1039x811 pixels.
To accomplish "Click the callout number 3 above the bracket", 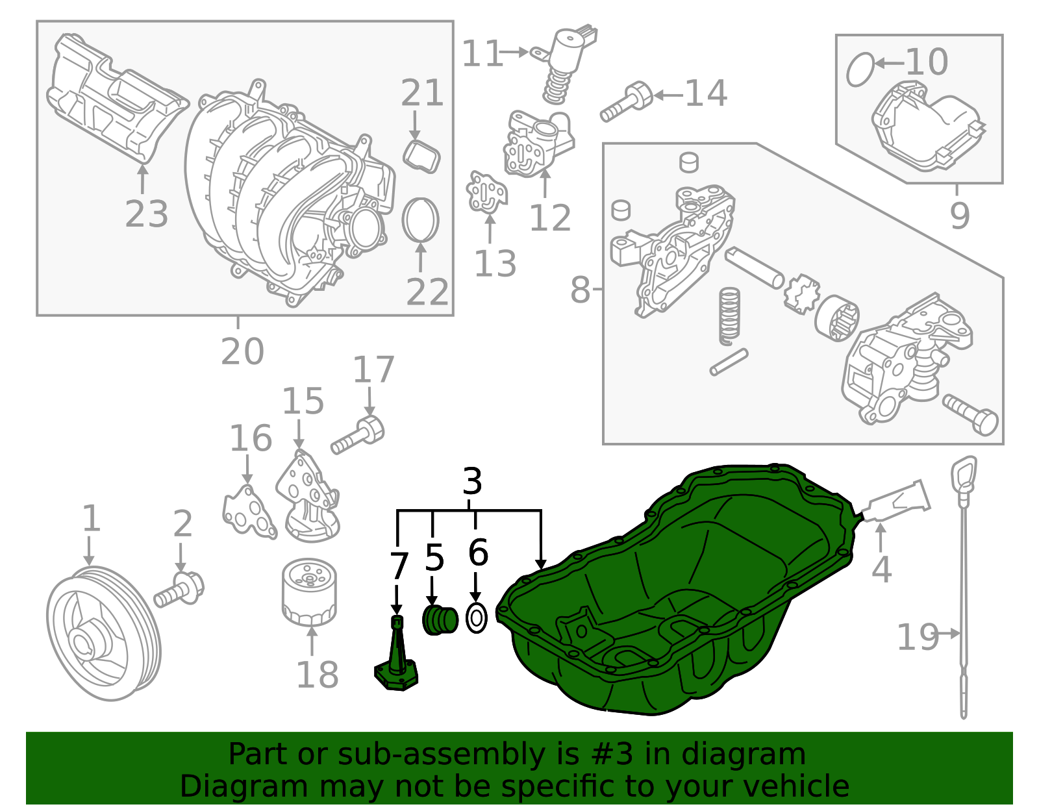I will pyautogui.click(x=472, y=482).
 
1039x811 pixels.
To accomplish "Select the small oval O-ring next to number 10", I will pyautogui.click(x=860, y=69).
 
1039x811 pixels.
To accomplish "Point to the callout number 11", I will pyautogui.click(x=482, y=54).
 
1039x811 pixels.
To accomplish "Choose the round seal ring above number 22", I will pyautogui.click(x=421, y=219).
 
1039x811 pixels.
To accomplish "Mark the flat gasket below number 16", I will pyautogui.click(x=247, y=514).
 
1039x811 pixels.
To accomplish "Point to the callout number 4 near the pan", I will pyautogui.click(x=881, y=570).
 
